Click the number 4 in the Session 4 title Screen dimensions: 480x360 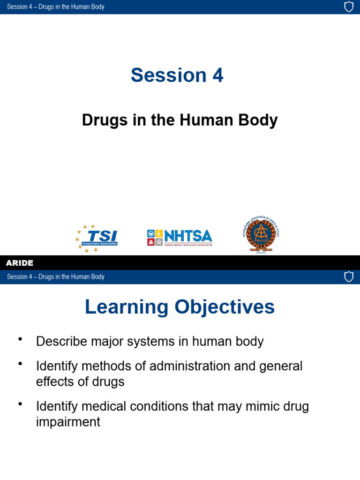coord(217,75)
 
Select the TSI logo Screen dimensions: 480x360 coord(97,239)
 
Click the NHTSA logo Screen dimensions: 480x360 coord(180,238)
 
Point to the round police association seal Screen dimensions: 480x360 coord(261,234)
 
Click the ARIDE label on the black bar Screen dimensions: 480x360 coord(20,263)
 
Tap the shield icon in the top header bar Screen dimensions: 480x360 coord(349,7)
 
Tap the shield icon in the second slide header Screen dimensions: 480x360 coord(349,277)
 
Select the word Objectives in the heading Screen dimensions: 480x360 coord(225,307)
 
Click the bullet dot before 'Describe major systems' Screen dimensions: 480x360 coord(20,339)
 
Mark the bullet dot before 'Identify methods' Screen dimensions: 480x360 coord(20,363)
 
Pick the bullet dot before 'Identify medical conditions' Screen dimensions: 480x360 coord(20,404)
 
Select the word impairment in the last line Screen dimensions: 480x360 coord(68,422)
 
